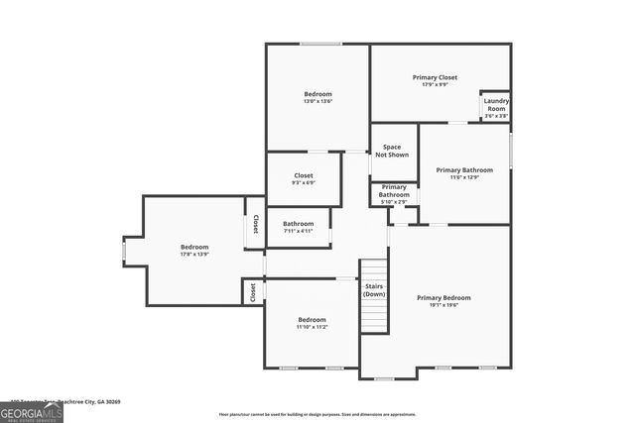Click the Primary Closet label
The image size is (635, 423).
pos(435,76)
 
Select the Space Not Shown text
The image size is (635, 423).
pos(392,151)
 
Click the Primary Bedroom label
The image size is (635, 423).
pos(444,297)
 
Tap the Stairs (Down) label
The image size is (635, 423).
pos(374,290)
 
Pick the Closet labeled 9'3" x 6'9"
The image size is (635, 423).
pos(304,179)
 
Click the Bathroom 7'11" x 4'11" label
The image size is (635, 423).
pos(298,227)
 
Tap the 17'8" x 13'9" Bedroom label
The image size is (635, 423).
pos(194,251)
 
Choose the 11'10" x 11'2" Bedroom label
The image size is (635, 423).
pos(312,323)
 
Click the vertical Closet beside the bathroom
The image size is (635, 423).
pos(255,224)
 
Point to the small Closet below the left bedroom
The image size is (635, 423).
pos(253,291)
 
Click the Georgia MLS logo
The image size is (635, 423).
pos(31,412)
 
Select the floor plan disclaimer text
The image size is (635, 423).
pos(317,414)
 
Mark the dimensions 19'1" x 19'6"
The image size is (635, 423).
pos(444,305)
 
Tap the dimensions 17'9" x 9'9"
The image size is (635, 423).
pos(435,84)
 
